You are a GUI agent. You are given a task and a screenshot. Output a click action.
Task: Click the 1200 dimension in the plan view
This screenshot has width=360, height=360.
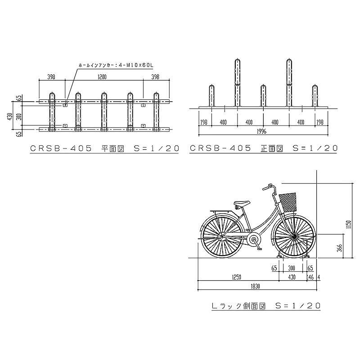coord(103,77)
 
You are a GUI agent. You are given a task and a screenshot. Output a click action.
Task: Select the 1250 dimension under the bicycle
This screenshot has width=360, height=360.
coord(238,277)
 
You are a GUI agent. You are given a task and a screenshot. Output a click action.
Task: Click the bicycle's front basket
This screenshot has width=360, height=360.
coord(288,202)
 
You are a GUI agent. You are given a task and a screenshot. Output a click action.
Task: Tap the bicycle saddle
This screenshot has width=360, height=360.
coord(241,203)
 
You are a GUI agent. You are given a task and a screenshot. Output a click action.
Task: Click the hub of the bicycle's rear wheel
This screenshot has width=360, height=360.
coord(220,236)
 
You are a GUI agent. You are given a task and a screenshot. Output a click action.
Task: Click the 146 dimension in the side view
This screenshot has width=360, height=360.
coord(310,277)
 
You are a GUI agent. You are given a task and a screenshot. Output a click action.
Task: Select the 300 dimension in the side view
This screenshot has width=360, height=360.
coord(291,268)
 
